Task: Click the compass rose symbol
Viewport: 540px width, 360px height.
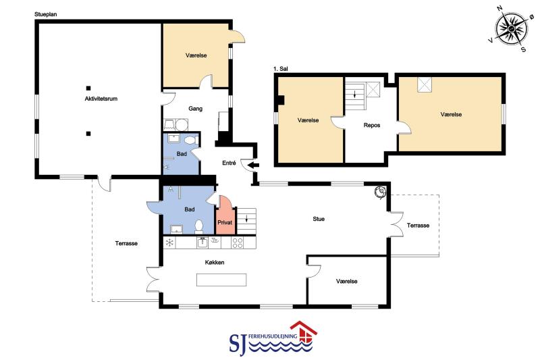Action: pos(512,28)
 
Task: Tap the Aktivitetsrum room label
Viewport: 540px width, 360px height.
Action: pos(101,99)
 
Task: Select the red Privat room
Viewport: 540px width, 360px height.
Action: pos(225,215)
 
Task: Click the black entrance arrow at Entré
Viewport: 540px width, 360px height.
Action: pos(254,165)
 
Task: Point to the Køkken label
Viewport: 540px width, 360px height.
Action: pos(215,263)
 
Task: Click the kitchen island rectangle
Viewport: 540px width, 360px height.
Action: pos(221,280)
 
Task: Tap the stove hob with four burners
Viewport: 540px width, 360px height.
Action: pos(238,242)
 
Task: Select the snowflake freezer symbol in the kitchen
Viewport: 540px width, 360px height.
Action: pos(169,242)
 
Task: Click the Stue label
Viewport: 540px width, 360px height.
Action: pos(319,219)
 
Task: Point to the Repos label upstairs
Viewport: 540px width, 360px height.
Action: pos(372,125)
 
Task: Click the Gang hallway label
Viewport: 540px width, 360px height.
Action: pos(195,109)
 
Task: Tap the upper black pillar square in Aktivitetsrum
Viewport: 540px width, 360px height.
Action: pos(88,88)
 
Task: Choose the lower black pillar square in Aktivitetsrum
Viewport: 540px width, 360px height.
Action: pos(88,134)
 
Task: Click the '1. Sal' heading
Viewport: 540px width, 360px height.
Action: pos(280,69)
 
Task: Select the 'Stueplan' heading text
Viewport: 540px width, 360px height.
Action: pos(45,14)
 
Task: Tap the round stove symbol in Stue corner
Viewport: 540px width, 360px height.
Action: pos(381,192)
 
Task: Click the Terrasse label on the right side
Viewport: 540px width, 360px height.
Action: pos(418,226)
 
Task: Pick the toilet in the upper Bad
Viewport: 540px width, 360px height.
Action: pos(190,140)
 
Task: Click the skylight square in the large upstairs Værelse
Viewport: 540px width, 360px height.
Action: pos(425,84)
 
